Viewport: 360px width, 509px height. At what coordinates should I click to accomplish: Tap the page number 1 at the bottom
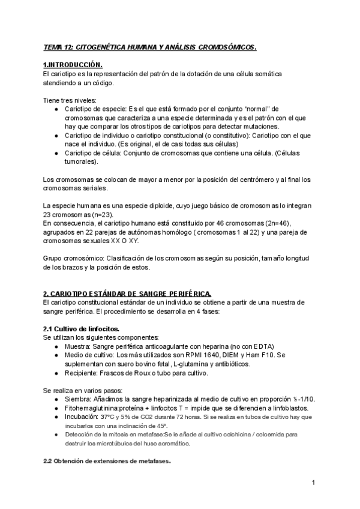313,483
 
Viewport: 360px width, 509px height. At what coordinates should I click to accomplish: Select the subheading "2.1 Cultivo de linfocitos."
81,329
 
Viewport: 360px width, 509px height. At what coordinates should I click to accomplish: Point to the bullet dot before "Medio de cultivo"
56,355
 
